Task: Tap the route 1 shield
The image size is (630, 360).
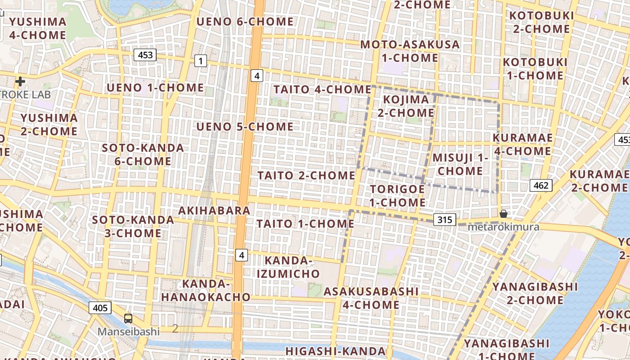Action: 201,61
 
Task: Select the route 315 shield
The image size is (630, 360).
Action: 445,220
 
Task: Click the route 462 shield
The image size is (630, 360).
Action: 541,185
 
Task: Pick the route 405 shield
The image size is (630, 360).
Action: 100,308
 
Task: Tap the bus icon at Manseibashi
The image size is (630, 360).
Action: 128,319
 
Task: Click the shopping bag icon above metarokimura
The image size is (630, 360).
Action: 504,213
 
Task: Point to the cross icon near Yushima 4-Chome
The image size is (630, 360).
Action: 20,81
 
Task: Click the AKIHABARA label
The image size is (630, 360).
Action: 214,211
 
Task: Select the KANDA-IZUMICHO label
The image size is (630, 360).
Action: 288,267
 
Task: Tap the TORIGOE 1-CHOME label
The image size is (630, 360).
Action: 397,196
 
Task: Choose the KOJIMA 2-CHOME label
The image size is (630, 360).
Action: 406,106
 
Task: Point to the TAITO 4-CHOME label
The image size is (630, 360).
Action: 322,90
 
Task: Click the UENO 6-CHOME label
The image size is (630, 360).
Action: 245,22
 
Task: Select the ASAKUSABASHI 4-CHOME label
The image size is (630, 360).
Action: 371,298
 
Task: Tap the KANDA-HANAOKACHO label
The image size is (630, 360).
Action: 206,290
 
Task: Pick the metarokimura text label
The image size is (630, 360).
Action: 503,227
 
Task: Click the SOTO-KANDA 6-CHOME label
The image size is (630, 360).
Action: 143,154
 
